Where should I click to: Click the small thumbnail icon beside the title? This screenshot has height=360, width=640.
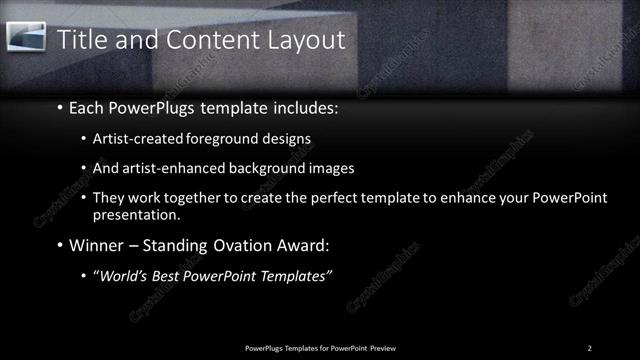(x=28, y=37)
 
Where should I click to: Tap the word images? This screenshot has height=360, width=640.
(x=333, y=168)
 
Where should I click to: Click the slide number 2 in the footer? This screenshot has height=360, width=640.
(x=589, y=347)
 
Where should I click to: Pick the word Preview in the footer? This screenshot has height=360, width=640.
(x=387, y=347)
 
